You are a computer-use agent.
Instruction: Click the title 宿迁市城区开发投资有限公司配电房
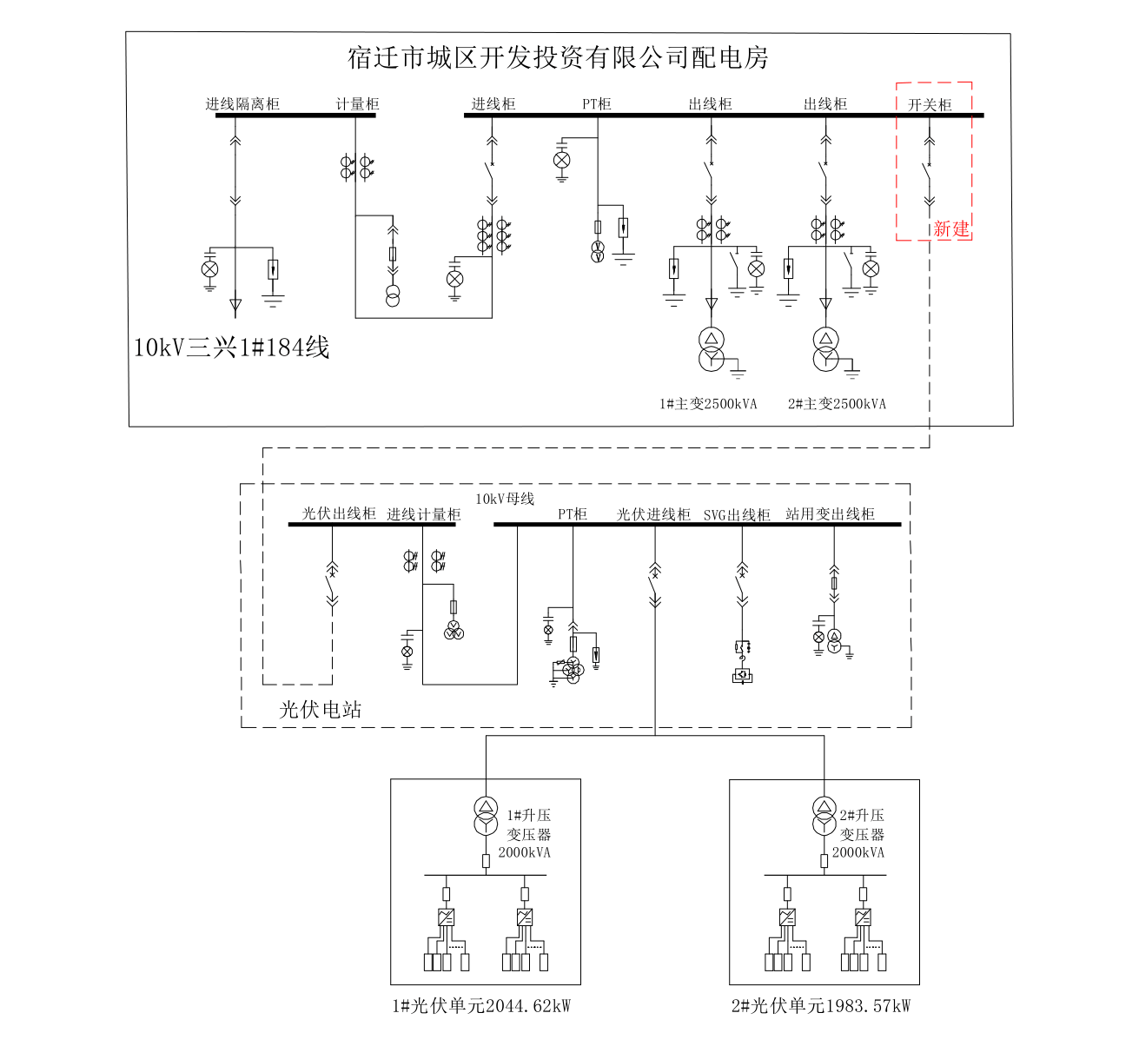pyautogui.click(x=558, y=58)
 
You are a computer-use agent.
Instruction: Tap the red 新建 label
pyautogui.click(x=950, y=228)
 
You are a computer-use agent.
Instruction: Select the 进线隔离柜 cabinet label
pyautogui.click(x=242, y=104)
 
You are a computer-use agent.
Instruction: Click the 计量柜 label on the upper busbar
pyautogui.click(x=358, y=104)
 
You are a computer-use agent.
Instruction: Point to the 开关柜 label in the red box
pyautogui.click(x=930, y=105)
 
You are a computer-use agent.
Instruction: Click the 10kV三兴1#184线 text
pyautogui.click(x=231, y=348)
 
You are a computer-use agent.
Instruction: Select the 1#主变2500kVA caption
pyautogui.click(x=708, y=404)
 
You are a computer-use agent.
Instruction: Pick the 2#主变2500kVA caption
pyautogui.click(x=837, y=404)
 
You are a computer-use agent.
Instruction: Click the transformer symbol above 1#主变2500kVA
pyautogui.click(x=712, y=348)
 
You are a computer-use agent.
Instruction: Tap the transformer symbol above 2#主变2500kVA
pyautogui.click(x=826, y=348)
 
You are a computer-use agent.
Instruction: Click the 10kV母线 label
pyautogui.click(x=505, y=499)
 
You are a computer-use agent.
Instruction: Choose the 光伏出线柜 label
pyautogui.click(x=339, y=513)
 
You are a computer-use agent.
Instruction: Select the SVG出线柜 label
pyautogui.click(x=737, y=515)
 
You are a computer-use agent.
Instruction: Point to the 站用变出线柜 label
pyautogui.click(x=830, y=514)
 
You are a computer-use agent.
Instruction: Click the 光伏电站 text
pyautogui.click(x=320, y=710)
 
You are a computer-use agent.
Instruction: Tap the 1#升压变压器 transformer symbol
pyautogui.click(x=486, y=815)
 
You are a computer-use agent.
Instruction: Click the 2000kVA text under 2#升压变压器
pyautogui.click(x=858, y=852)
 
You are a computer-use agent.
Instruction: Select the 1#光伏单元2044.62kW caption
pyautogui.click(x=481, y=1006)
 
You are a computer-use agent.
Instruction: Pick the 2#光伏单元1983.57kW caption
pyautogui.click(x=821, y=1006)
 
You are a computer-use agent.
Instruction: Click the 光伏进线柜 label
pyautogui.click(x=653, y=514)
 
